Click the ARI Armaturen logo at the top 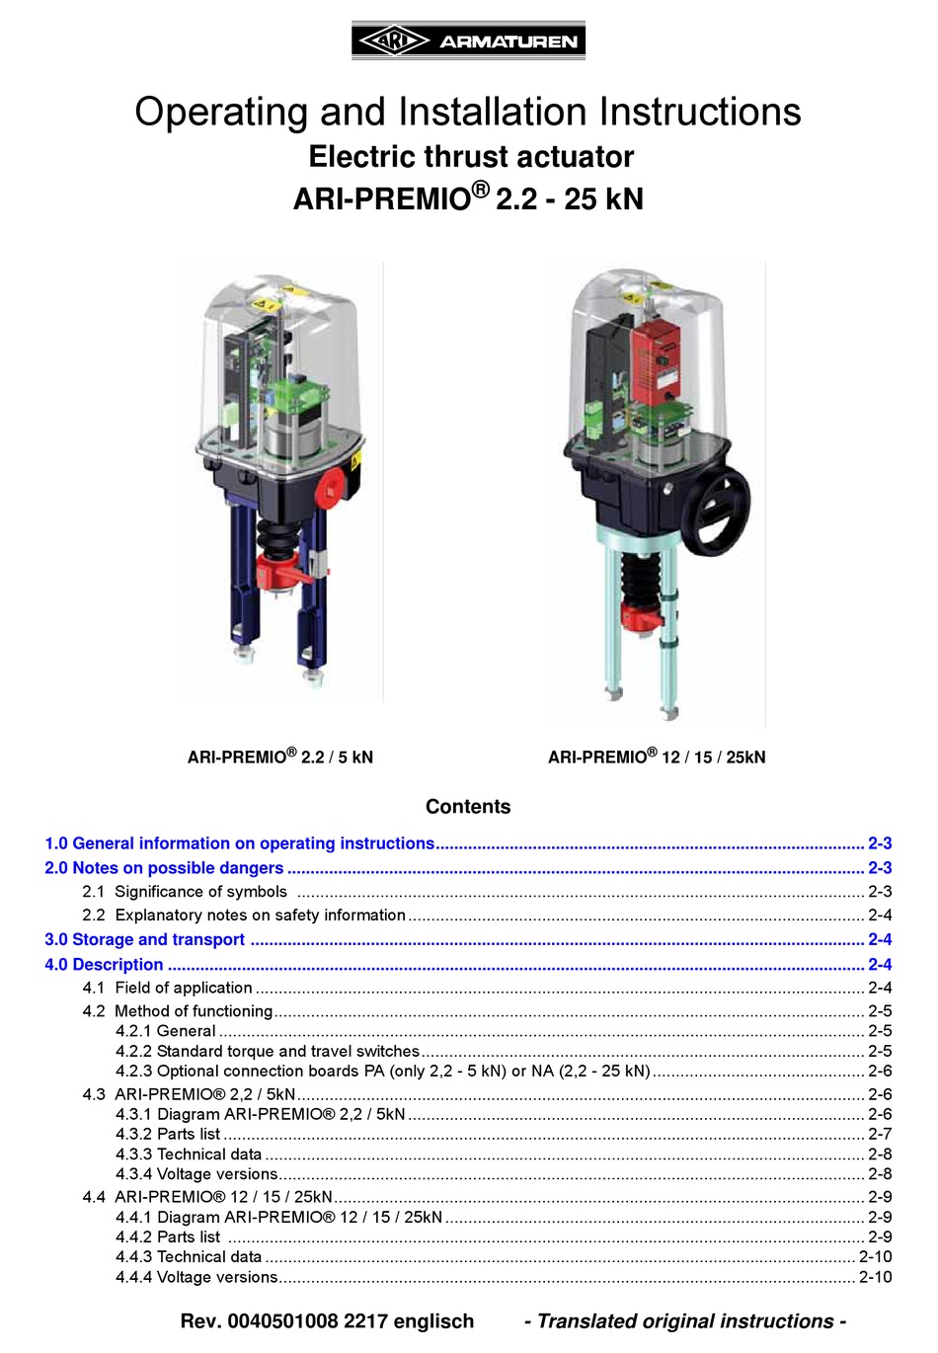coord(468,40)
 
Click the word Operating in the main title coord(220,112)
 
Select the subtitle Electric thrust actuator coord(471,157)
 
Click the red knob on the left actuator coord(329,489)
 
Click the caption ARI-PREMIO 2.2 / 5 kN coord(280,757)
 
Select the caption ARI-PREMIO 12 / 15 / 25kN coord(657,757)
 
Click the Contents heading coord(468,807)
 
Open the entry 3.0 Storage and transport coord(145,940)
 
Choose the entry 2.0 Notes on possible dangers coord(164,868)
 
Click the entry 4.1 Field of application coord(168,988)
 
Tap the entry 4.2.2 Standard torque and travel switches coord(268,1051)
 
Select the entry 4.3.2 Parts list coord(168,1134)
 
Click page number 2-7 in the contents coord(880,1134)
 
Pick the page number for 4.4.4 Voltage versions coord(875,1277)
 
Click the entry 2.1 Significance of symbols coord(185,892)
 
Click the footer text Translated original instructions coord(685,1321)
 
